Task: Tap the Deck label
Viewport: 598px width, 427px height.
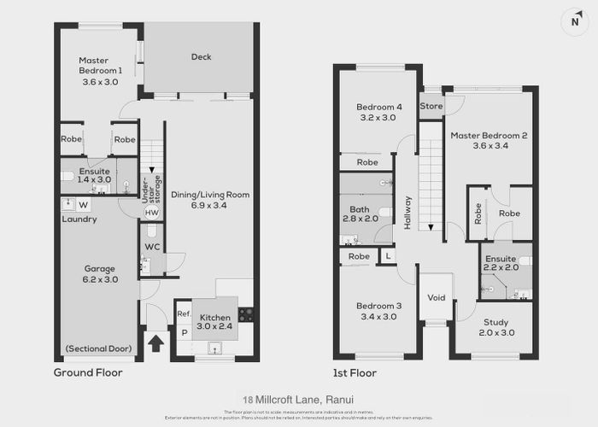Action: point(201,57)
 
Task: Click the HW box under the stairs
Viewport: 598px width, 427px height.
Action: point(151,213)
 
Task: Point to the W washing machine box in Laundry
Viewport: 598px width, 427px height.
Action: point(84,205)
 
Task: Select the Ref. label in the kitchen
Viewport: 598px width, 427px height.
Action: point(183,314)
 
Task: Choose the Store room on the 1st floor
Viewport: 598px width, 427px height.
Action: point(431,107)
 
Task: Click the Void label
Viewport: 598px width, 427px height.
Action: point(436,298)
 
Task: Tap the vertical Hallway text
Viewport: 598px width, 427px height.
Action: point(408,213)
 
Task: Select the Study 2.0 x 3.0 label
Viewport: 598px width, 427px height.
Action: point(495,327)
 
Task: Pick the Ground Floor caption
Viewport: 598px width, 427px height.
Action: point(88,373)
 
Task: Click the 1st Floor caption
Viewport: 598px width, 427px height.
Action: point(355,373)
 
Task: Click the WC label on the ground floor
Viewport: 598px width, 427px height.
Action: point(152,247)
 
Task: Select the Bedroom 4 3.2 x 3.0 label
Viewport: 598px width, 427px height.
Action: point(377,112)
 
